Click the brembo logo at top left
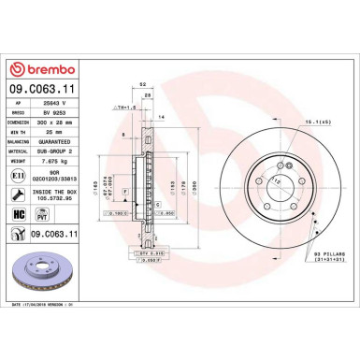[x=41, y=69]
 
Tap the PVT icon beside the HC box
[x=42, y=212]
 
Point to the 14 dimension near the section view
[x=161, y=116]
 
